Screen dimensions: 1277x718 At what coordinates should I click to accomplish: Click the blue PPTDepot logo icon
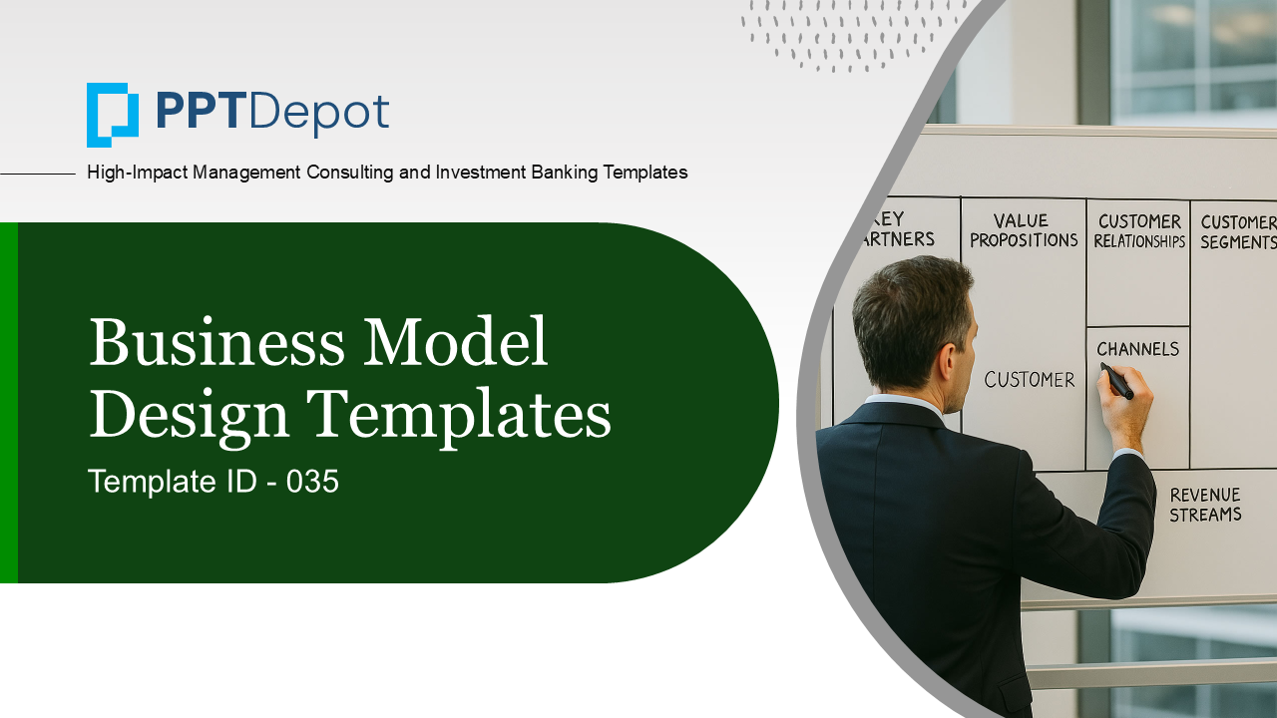113,115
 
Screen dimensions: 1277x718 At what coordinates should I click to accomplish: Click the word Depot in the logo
319,114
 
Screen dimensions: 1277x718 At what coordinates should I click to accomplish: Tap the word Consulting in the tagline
349,173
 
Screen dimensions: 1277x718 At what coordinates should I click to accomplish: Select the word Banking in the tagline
565,173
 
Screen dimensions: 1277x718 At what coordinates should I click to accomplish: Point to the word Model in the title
456,341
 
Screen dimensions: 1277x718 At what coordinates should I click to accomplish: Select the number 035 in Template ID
312,481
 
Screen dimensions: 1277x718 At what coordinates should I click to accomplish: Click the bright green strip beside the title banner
9,402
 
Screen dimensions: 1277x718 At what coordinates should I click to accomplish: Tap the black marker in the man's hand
1116,380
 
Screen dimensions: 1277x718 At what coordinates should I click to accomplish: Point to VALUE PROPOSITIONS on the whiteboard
1024,230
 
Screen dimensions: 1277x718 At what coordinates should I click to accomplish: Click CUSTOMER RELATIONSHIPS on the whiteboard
1139,231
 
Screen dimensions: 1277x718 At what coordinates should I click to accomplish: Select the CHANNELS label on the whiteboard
1138,349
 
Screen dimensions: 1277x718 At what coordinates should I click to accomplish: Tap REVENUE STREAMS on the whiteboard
1205,505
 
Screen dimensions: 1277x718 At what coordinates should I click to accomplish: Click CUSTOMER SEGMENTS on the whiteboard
1238,232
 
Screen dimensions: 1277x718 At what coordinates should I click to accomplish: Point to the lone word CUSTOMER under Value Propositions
1029,380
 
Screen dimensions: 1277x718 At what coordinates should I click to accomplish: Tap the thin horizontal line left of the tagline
38,174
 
